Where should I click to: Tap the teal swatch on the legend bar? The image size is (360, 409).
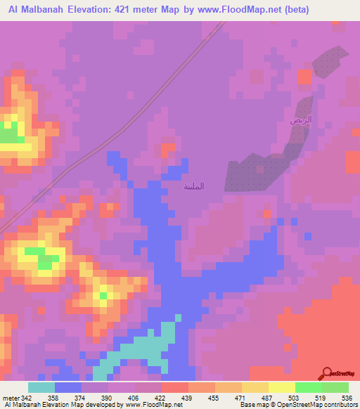click(41, 388)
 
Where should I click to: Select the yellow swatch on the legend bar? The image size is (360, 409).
click(281, 388)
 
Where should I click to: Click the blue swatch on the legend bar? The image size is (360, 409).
click(67, 388)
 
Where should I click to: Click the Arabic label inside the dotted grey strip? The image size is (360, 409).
click(300, 121)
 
